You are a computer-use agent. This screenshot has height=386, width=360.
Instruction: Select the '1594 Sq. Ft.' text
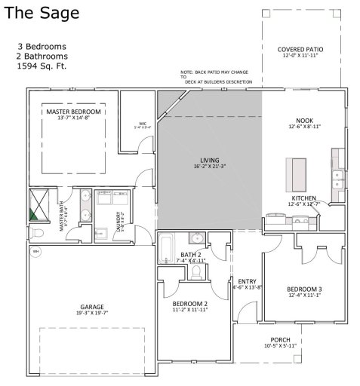pyautogui.click(x=47, y=66)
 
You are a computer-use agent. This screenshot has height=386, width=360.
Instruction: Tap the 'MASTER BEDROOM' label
pyautogui.click(x=73, y=112)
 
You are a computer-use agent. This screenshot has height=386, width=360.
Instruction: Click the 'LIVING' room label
pyautogui.click(x=208, y=161)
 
